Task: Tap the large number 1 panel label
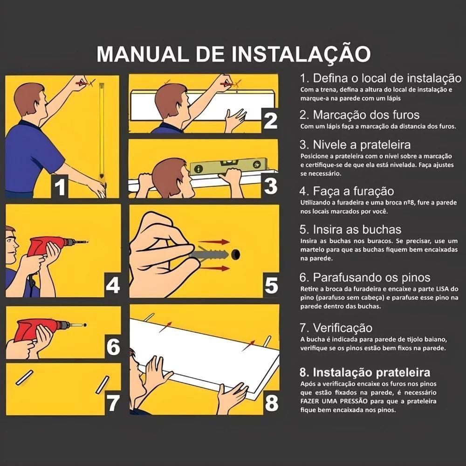coord(60,187)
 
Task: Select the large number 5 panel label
coord(271,286)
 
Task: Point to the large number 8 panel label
coord(271,403)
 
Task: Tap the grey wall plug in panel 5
coord(210,254)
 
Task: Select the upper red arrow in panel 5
coord(214,241)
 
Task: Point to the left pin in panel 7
coord(24,377)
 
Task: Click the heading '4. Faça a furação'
coord(347,192)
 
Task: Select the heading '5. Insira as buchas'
coord(350,229)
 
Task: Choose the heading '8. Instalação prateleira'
coord(365,372)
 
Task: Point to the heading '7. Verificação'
coord(336,328)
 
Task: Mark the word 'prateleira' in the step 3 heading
coord(385,145)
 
